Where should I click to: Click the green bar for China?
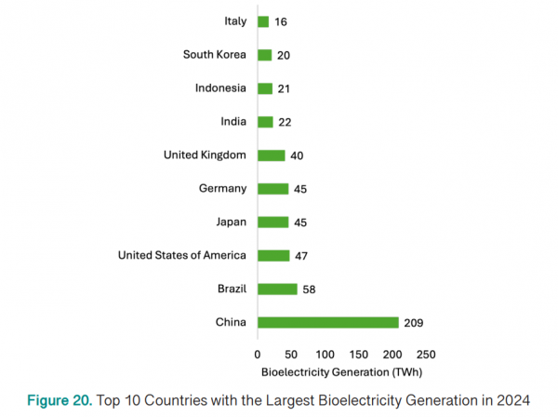(x=328, y=322)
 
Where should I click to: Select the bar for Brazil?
(x=277, y=289)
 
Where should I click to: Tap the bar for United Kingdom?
(x=272, y=155)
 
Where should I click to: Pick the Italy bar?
(x=263, y=21)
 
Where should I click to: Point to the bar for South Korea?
(x=265, y=55)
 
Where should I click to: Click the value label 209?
(x=414, y=322)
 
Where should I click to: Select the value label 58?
(x=310, y=289)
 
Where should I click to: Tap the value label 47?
(x=302, y=256)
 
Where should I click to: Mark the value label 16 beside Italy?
(x=281, y=21)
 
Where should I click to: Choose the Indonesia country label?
(x=220, y=88)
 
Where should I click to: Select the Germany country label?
(x=223, y=188)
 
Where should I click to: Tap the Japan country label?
(x=230, y=222)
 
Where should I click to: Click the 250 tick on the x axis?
(x=426, y=355)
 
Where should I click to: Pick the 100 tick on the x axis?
(x=325, y=355)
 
